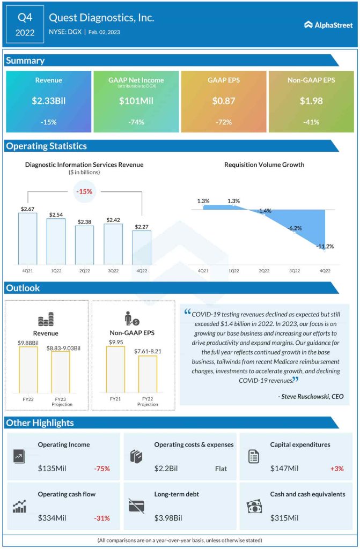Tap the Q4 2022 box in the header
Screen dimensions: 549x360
(x=25, y=24)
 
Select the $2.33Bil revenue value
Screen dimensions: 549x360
(x=49, y=100)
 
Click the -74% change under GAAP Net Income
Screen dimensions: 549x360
(x=136, y=122)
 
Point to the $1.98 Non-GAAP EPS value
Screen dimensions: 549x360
(x=311, y=100)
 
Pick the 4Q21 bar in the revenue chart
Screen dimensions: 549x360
(x=27, y=239)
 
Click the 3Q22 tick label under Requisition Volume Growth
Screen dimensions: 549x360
(x=295, y=271)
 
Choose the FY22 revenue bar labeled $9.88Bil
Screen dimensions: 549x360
(x=28, y=370)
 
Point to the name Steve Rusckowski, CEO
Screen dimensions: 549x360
(x=311, y=397)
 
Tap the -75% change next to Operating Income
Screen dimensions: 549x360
(x=102, y=469)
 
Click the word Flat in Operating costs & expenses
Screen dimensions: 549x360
(x=221, y=469)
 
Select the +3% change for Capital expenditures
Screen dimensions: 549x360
(x=337, y=469)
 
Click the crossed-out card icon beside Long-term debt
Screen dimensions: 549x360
(x=136, y=506)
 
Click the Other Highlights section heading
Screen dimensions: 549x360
(x=40, y=423)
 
